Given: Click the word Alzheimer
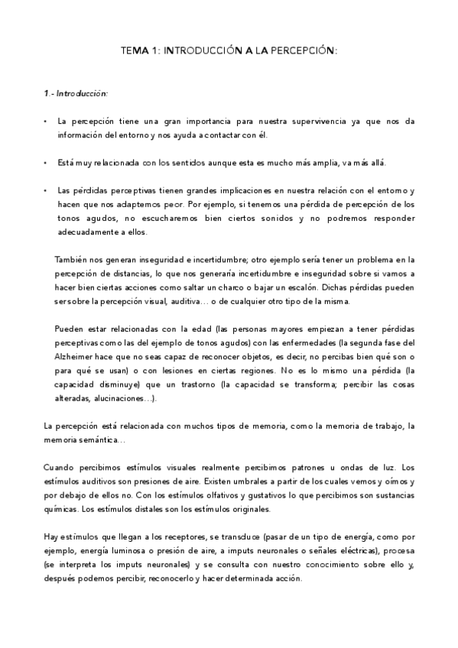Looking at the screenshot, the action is (x=75, y=358).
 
